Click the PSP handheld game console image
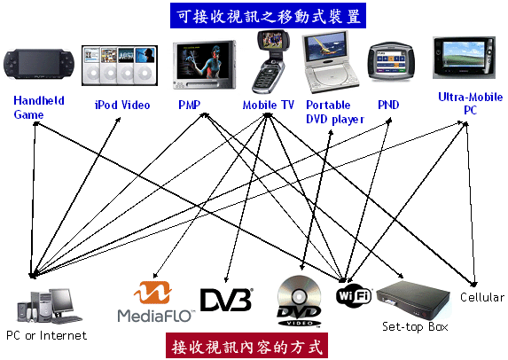tap(39, 64)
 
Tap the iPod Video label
tap(122, 105)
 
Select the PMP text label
tap(189, 105)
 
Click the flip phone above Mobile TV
tap(270, 61)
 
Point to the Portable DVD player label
tap(335, 112)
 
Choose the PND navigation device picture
tap(391, 61)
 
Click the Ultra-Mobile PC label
tap(470, 104)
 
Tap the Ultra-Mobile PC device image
tap(464, 58)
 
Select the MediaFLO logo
tap(155, 302)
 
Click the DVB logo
tap(226, 300)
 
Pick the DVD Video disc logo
tap(299, 301)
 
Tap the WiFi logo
tap(354, 295)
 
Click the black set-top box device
tap(413, 300)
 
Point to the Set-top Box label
tap(415, 326)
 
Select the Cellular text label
tap(482, 297)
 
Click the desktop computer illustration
tap(50, 307)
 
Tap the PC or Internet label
tap(47, 335)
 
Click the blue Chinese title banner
tap(268, 16)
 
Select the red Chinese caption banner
tap(246, 346)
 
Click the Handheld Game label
tap(38, 107)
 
